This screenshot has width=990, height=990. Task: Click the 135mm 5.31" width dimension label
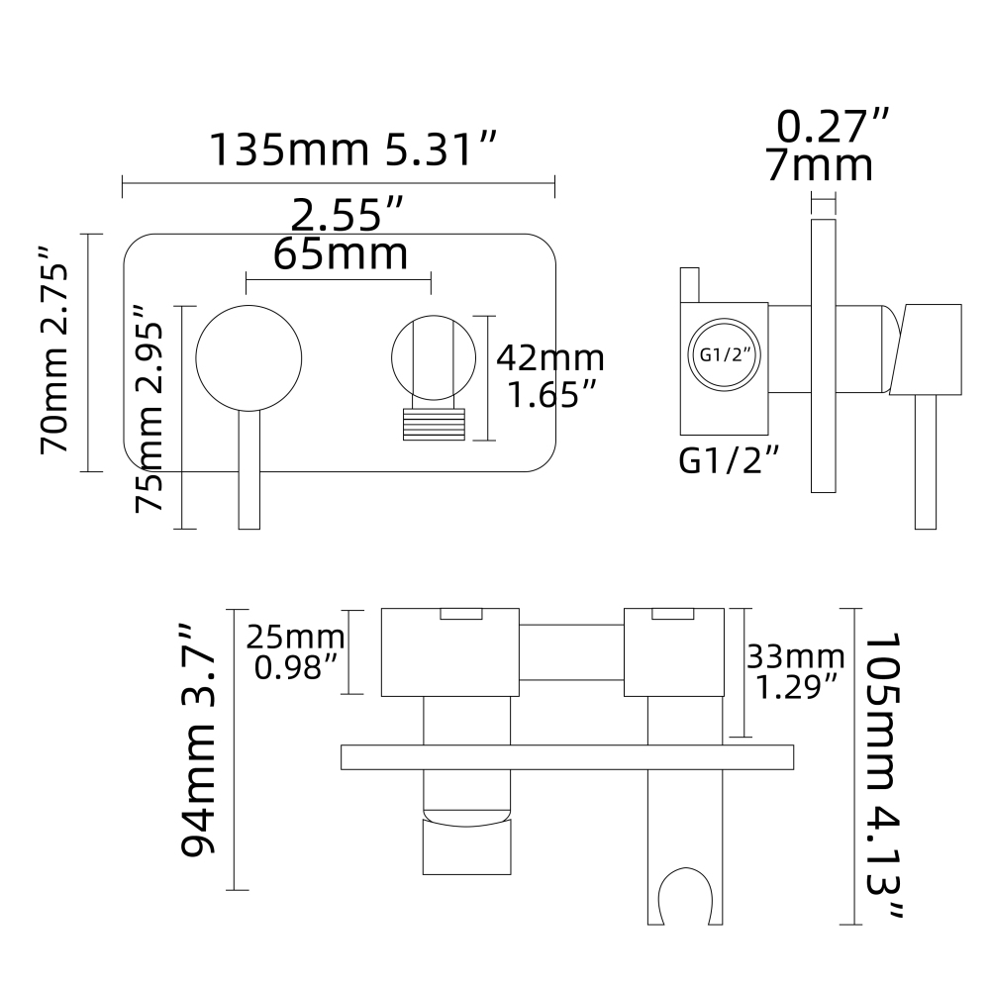coord(351,149)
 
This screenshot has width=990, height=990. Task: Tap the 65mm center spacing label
coord(341,253)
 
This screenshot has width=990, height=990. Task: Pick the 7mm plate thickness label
coord(821,165)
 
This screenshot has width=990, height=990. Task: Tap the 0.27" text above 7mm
coord(833,127)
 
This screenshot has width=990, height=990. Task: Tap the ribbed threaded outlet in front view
coord(433,426)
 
